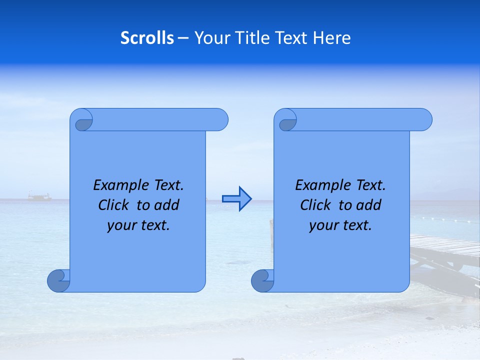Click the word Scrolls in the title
tap(147, 38)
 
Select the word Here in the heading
tap(331, 38)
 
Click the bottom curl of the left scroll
tap(58, 280)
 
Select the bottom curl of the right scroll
tap(262, 280)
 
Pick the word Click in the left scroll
tap(113, 205)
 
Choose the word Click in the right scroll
tap(315, 205)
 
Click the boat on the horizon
tap(39, 197)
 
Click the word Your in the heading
tap(210, 38)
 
